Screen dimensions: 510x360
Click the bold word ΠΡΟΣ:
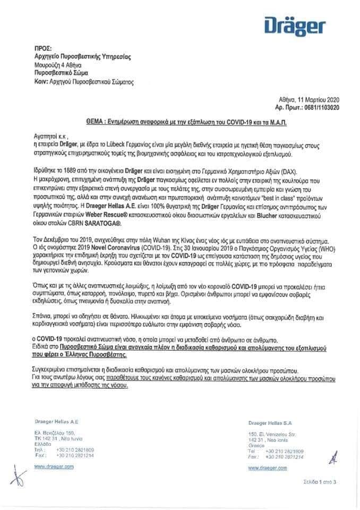point(42,48)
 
